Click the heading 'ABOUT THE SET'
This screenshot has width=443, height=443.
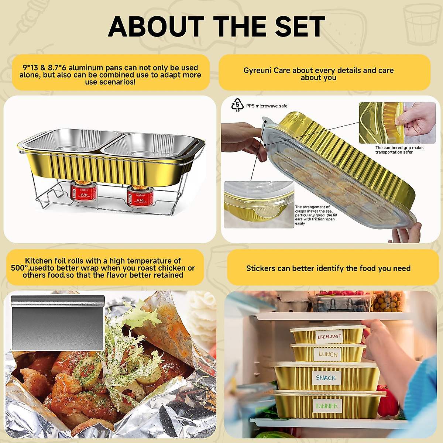tap(217, 27)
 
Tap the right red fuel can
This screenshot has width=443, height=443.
tap(135, 196)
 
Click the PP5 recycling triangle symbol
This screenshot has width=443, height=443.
tap(237, 105)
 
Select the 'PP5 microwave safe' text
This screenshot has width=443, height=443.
tap(267, 106)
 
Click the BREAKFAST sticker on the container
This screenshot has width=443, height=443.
tap(329, 336)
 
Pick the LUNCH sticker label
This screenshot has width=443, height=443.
tap(328, 354)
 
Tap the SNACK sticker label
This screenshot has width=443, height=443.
tap(326, 378)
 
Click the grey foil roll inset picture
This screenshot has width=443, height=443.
tap(58, 322)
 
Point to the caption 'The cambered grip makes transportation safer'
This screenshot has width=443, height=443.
tap(399, 150)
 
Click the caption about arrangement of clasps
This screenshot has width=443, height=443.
tap(316, 215)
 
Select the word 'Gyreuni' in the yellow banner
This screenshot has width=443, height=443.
tap(257, 71)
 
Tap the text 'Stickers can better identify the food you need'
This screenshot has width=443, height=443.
tap(328, 268)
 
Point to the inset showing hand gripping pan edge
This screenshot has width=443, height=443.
tap(397, 123)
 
